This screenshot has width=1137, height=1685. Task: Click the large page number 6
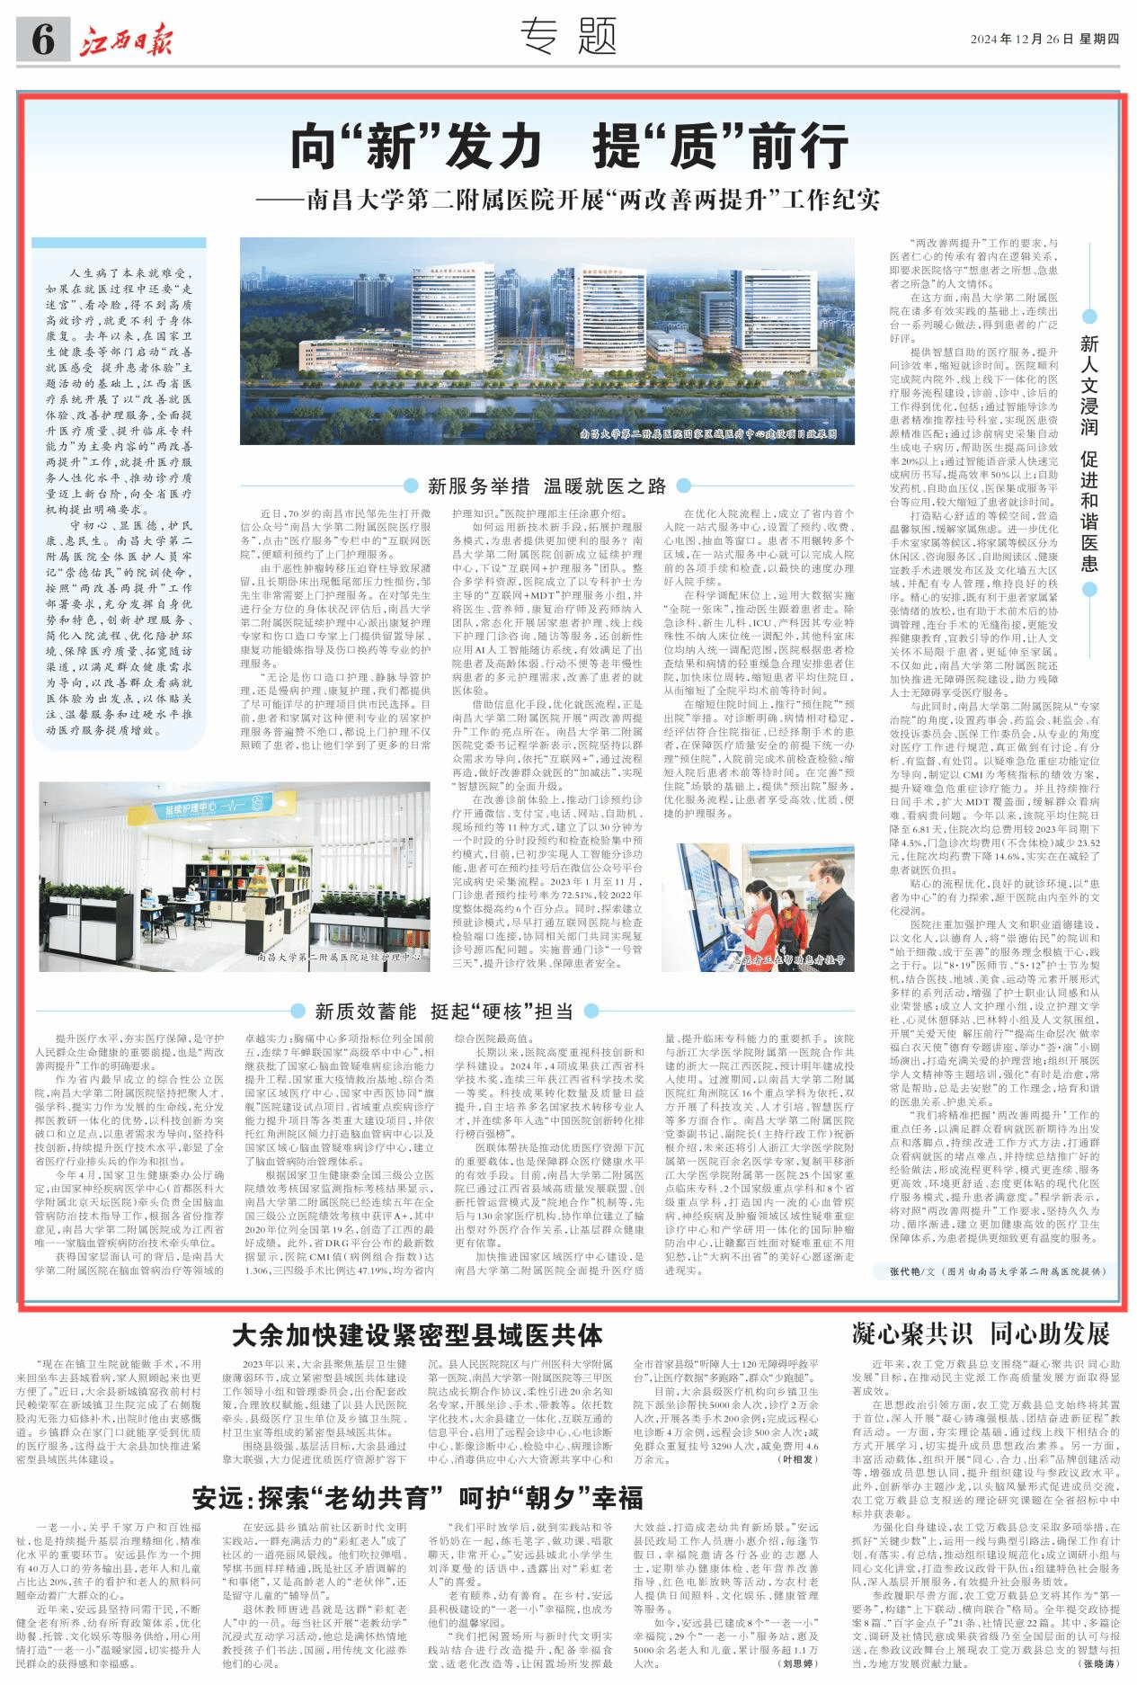42,40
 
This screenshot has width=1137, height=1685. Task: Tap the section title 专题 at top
568,38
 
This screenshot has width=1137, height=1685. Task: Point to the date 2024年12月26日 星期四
1044,40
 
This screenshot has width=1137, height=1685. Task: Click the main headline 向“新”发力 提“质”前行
568,147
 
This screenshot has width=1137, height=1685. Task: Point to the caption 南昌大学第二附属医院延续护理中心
339,958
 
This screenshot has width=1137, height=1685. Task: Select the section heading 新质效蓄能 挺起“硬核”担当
444,1012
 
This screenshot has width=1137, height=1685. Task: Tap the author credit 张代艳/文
912,1271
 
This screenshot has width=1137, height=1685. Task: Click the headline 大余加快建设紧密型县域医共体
417,1335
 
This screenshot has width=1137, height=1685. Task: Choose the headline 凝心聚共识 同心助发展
981,1333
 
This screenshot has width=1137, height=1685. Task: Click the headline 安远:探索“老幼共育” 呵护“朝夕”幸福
417,1498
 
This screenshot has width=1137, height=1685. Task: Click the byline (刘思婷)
798,1663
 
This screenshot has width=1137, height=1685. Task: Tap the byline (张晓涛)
1100,1664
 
